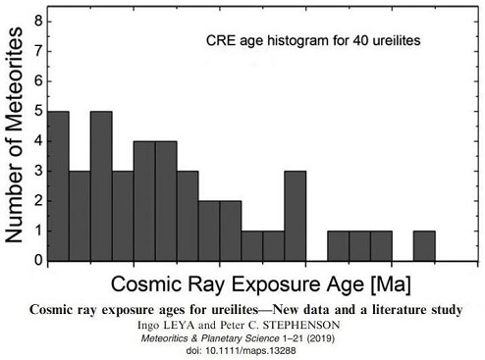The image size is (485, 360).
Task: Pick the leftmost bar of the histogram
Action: [x=58, y=186]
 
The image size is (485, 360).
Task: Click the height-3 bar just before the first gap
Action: [x=295, y=217]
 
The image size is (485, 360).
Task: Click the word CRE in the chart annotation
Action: [x=222, y=42]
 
